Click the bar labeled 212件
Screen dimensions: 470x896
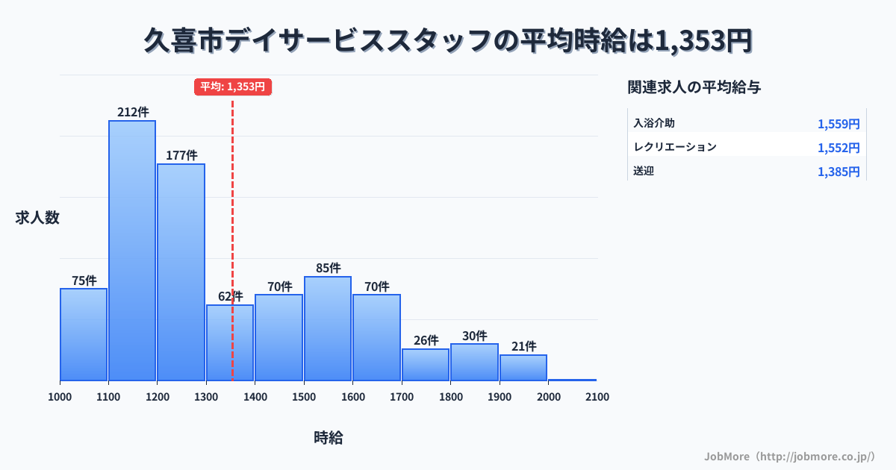pyautogui.click(x=132, y=250)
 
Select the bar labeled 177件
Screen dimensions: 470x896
pyautogui.click(x=181, y=272)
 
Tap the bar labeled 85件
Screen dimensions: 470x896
pyautogui.click(x=328, y=328)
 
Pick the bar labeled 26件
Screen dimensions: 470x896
pyautogui.click(x=426, y=365)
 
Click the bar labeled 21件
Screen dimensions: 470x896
pyautogui.click(x=523, y=368)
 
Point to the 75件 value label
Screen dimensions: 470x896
pyautogui.click(x=84, y=281)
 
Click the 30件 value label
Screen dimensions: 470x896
pyautogui.click(x=474, y=336)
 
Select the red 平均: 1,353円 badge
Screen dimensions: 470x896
pyautogui.click(x=232, y=87)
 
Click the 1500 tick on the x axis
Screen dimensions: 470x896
pyautogui.click(x=304, y=397)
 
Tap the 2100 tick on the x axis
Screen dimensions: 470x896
pyautogui.click(x=597, y=397)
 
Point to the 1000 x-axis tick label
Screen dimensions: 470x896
pyautogui.click(x=60, y=397)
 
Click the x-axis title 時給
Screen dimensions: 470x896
pyautogui.click(x=329, y=438)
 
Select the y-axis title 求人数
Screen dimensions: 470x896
pyautogui.click(x=37, y=218)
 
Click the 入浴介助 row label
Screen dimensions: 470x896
pyautogui.click(x=654, y=123)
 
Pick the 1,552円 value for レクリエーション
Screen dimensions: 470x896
pyautogui.click(x=839, y=148)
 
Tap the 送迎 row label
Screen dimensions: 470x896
pyautogui.click(x=644, y=171)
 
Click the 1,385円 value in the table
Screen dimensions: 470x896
pyautogui.click(x=839, y=172)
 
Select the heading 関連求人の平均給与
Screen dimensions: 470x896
pyautogui.click(x=694, y=87)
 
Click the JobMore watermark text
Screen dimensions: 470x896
pyautogui.click(x=789, y=456)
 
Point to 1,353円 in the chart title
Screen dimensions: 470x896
pyautogui.click(x=703, y=41)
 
